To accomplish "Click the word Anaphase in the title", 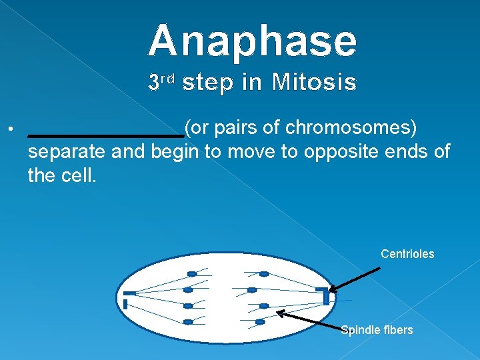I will point(253,41).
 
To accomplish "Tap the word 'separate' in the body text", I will point(67,151).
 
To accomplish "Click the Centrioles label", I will point(407,254).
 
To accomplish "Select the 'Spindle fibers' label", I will point(377,330).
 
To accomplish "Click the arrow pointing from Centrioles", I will point(355,280).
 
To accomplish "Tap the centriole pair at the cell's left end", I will point(127,299).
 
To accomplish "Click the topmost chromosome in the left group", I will point(192,274).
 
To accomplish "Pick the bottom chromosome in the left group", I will point(188,322).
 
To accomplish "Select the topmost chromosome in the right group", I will point(264,274).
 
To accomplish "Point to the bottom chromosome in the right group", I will point(260,322).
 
